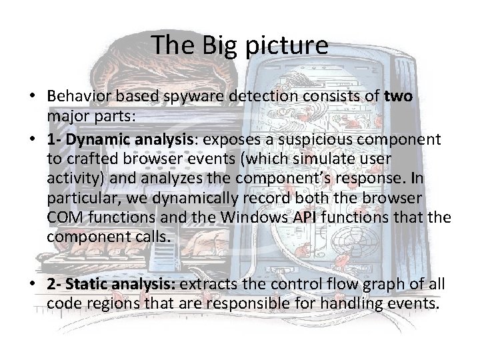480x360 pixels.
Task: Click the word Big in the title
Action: [x=210, y=45]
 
